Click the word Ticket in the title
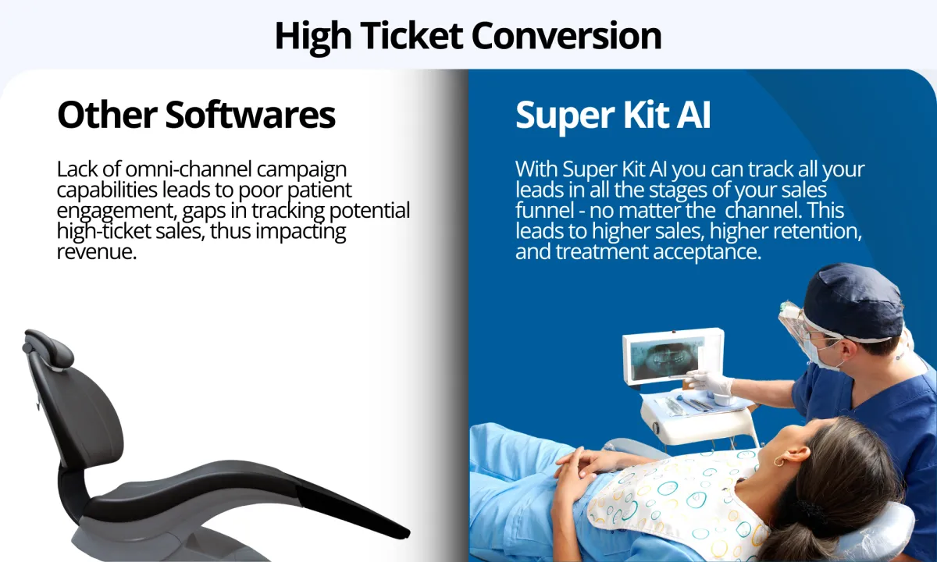pos(412,36)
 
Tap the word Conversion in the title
pos(567,36)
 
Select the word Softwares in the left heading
pos(251,115)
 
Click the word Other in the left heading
pos(107,115)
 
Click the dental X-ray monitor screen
pos(667,359)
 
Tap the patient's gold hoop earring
pos(778,461)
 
